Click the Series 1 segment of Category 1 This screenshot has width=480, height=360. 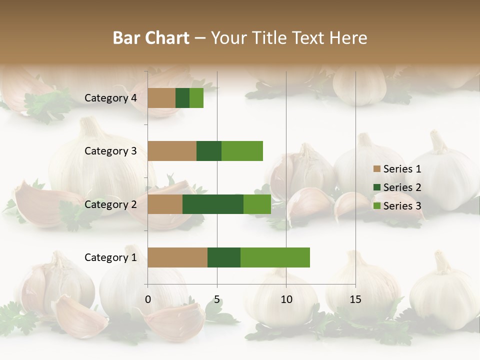pos(177,257)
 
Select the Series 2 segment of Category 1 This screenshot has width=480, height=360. pos(224,257)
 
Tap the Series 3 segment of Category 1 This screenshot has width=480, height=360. pos(275,257)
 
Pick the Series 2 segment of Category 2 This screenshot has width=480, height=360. pos(213,204)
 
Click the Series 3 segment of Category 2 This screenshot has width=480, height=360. pos(257,204)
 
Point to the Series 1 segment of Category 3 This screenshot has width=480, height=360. pos(172,151)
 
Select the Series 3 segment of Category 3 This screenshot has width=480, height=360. pos(242,151)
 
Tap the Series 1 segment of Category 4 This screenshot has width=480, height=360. pos(161,98)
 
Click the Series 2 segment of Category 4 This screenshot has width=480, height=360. pos(182,98)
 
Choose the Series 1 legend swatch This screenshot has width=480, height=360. pos(377,169)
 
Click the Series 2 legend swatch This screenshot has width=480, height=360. pos(377,187)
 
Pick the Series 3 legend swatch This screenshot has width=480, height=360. pos(377,206)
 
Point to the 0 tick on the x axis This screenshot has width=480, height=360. pos(148,299)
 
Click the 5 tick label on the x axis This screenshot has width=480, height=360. pos(217,299)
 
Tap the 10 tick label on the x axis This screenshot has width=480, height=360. pos(286,299)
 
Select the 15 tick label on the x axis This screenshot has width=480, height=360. pos(355,299)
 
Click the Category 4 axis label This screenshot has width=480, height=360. pos(110,98)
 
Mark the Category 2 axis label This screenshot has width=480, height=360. pos(110,204)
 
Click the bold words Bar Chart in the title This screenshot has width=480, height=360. pos(151,38)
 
